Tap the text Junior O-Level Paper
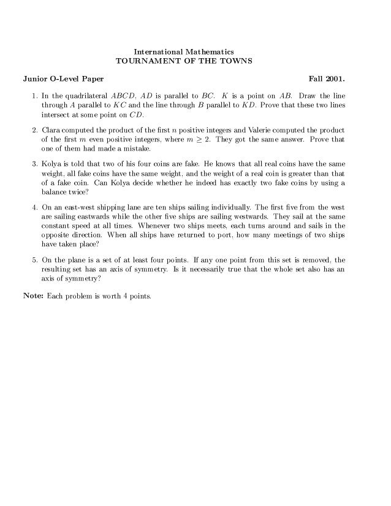pos(54,80)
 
